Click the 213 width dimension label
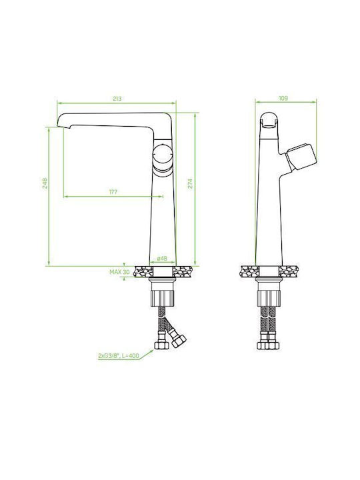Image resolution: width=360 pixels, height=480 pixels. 117,99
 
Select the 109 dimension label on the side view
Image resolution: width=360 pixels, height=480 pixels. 283,98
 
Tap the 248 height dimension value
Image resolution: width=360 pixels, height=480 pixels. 45,183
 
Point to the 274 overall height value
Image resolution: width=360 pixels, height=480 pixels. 190,183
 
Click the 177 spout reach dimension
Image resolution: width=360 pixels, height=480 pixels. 113,192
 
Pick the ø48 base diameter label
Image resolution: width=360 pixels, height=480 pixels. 162,259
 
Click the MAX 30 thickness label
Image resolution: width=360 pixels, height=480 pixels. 120,272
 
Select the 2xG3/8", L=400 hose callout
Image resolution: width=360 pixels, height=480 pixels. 119,356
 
